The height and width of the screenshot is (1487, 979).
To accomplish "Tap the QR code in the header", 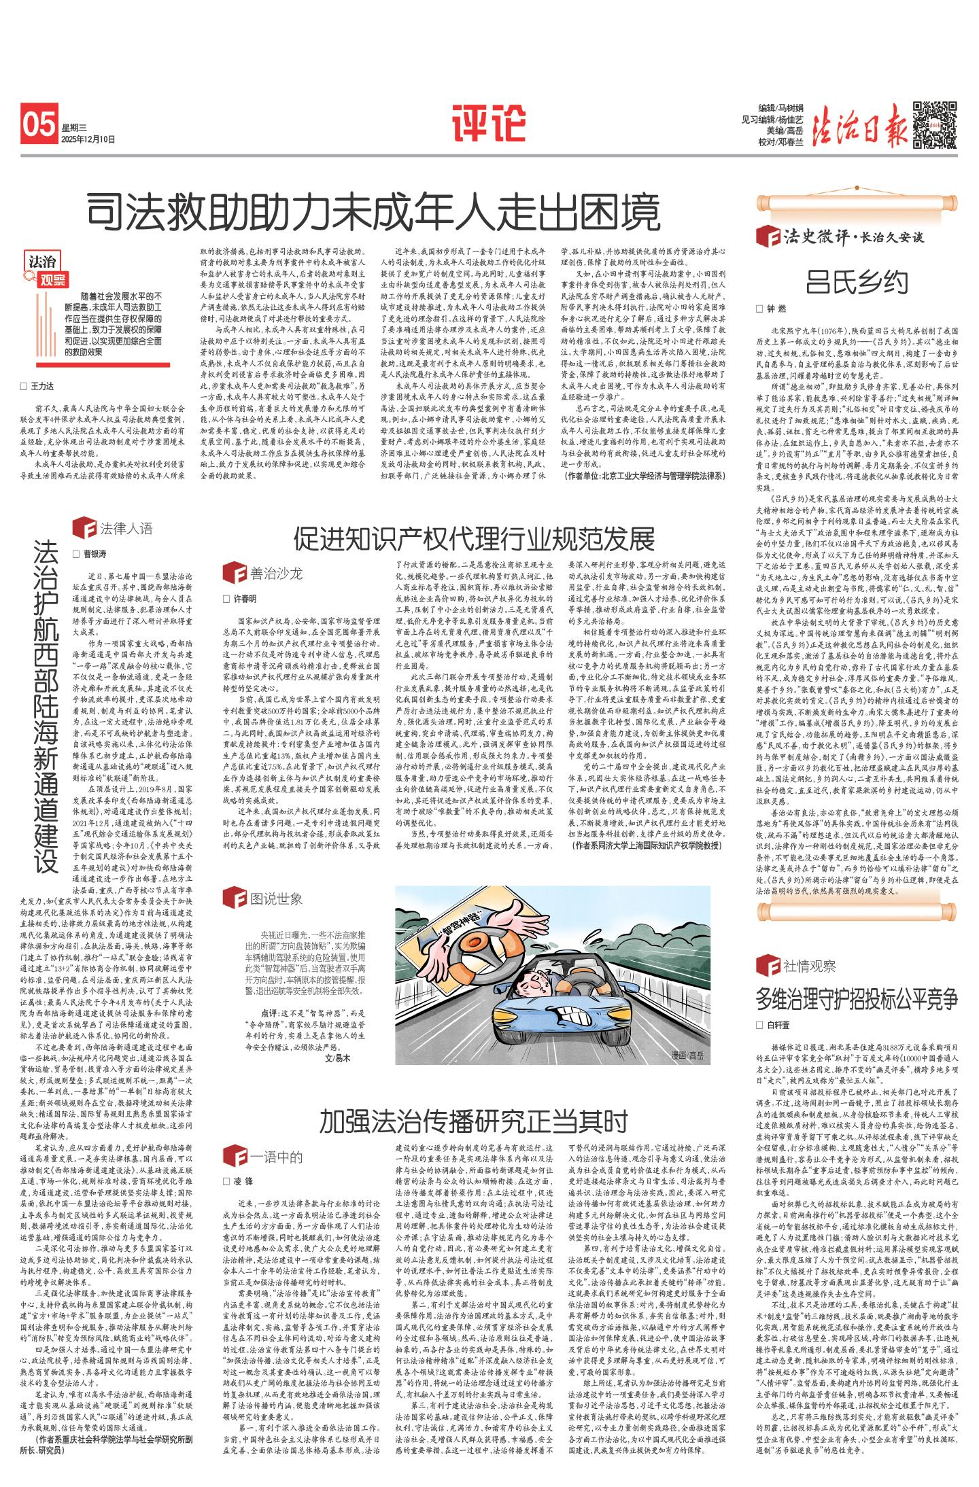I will [x=933, y=124].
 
